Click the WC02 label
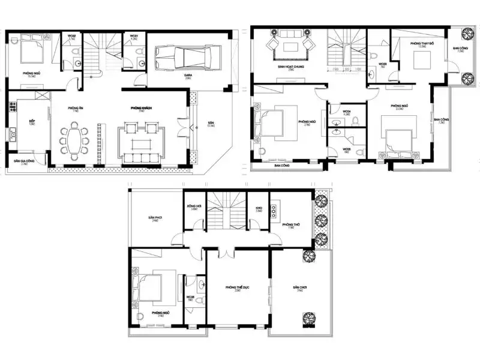(x=71, y=37)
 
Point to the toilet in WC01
(x=140, y=62)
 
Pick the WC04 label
(x=347, y=111)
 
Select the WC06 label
(x=189, y=296)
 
